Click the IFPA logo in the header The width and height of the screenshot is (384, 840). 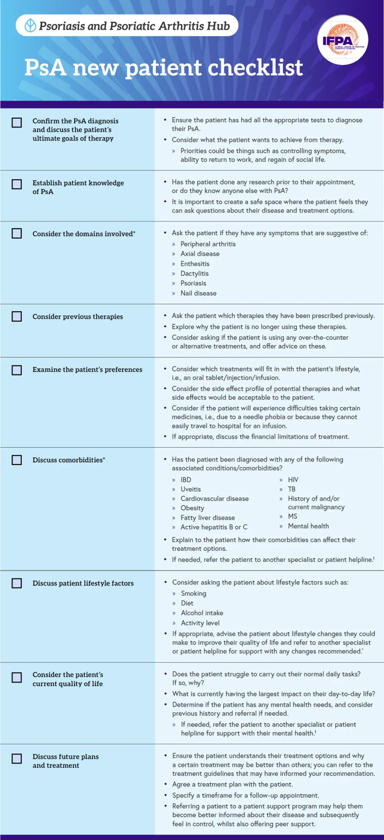pos(343,40)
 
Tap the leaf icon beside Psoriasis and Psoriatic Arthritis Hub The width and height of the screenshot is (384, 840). pos(30,26)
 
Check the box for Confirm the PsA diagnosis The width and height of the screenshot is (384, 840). pos(17,123)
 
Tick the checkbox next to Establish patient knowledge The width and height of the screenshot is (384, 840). pos(17,184)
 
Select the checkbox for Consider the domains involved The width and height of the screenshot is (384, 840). pos(17,233)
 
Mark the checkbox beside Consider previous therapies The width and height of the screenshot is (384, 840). pos(17,316)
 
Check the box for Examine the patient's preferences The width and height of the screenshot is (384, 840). pos(17,370)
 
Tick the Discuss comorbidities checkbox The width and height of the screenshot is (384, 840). pos(17,460)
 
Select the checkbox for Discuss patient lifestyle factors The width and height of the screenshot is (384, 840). pos(17,583)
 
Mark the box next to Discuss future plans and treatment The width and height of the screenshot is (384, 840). pos(17,758)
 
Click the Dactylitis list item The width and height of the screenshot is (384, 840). pos(194,273)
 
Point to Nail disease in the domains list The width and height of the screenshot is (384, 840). pos(198,293)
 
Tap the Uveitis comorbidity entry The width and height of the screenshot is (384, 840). pos(190,489)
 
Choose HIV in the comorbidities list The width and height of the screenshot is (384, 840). pos(293,480)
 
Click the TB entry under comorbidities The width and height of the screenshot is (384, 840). pos(291,489)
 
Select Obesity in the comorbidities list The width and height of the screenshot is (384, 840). pos(192,508)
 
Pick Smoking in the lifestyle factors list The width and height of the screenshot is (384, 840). pos(194,593)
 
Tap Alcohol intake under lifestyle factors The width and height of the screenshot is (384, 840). pos(202,613)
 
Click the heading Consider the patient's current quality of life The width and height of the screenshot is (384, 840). pos(68,679)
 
